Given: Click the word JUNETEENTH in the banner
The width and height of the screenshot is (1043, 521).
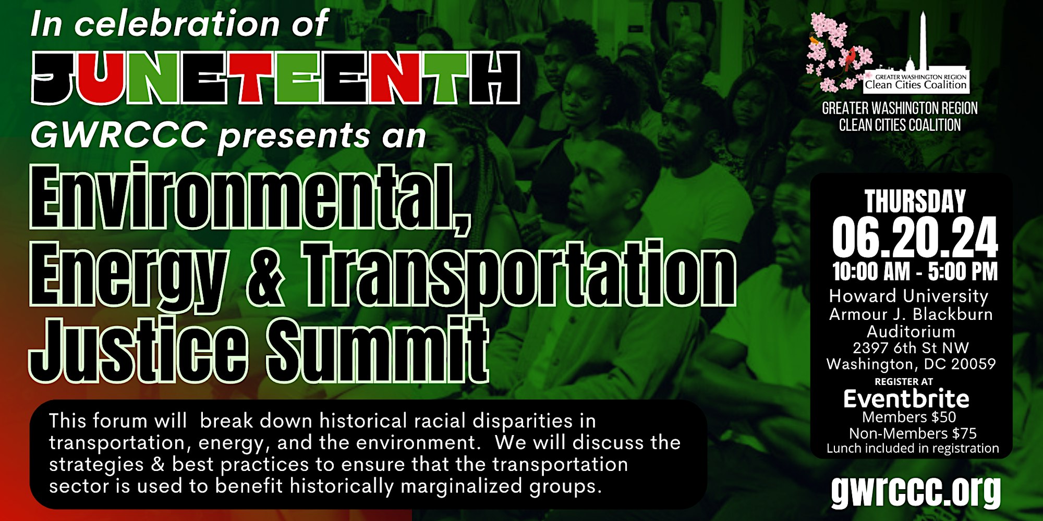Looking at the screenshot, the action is coord(276,78).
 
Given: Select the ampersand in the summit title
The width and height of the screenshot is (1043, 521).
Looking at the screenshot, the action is coord(265,275).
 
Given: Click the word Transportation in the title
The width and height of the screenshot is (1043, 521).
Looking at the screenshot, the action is coord(518,275).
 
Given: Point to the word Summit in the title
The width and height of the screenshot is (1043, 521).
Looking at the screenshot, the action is coord(378,349).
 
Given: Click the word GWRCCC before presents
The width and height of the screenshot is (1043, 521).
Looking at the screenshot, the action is coord(119,134).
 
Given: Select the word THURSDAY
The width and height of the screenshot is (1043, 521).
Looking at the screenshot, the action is coord(915,201).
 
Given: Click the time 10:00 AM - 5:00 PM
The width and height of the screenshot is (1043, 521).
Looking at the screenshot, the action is coord(915,271).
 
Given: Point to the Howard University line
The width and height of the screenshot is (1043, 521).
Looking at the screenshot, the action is coord(908,296).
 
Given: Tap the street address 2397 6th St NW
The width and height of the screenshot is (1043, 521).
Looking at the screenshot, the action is coord(911,348).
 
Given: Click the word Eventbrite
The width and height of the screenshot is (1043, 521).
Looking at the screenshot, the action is coord(906,399).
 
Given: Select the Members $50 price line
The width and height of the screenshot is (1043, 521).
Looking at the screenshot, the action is coord(909,417).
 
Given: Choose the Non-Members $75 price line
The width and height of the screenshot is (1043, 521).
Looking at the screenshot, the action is coord(913,433).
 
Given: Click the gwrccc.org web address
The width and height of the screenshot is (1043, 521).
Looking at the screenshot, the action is coord(916,490).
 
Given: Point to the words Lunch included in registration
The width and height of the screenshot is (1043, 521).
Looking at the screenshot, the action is coord(913,448).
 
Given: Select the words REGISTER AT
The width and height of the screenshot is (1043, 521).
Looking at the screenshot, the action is coord(904,382).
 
